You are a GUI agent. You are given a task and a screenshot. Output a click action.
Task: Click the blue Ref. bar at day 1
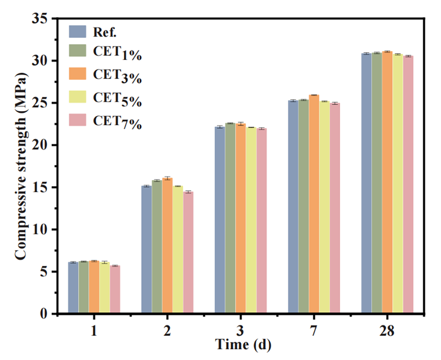point(73,288)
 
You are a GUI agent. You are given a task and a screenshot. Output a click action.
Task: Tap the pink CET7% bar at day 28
point(408,185)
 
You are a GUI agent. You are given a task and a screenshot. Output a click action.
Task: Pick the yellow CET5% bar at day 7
point(324,208)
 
